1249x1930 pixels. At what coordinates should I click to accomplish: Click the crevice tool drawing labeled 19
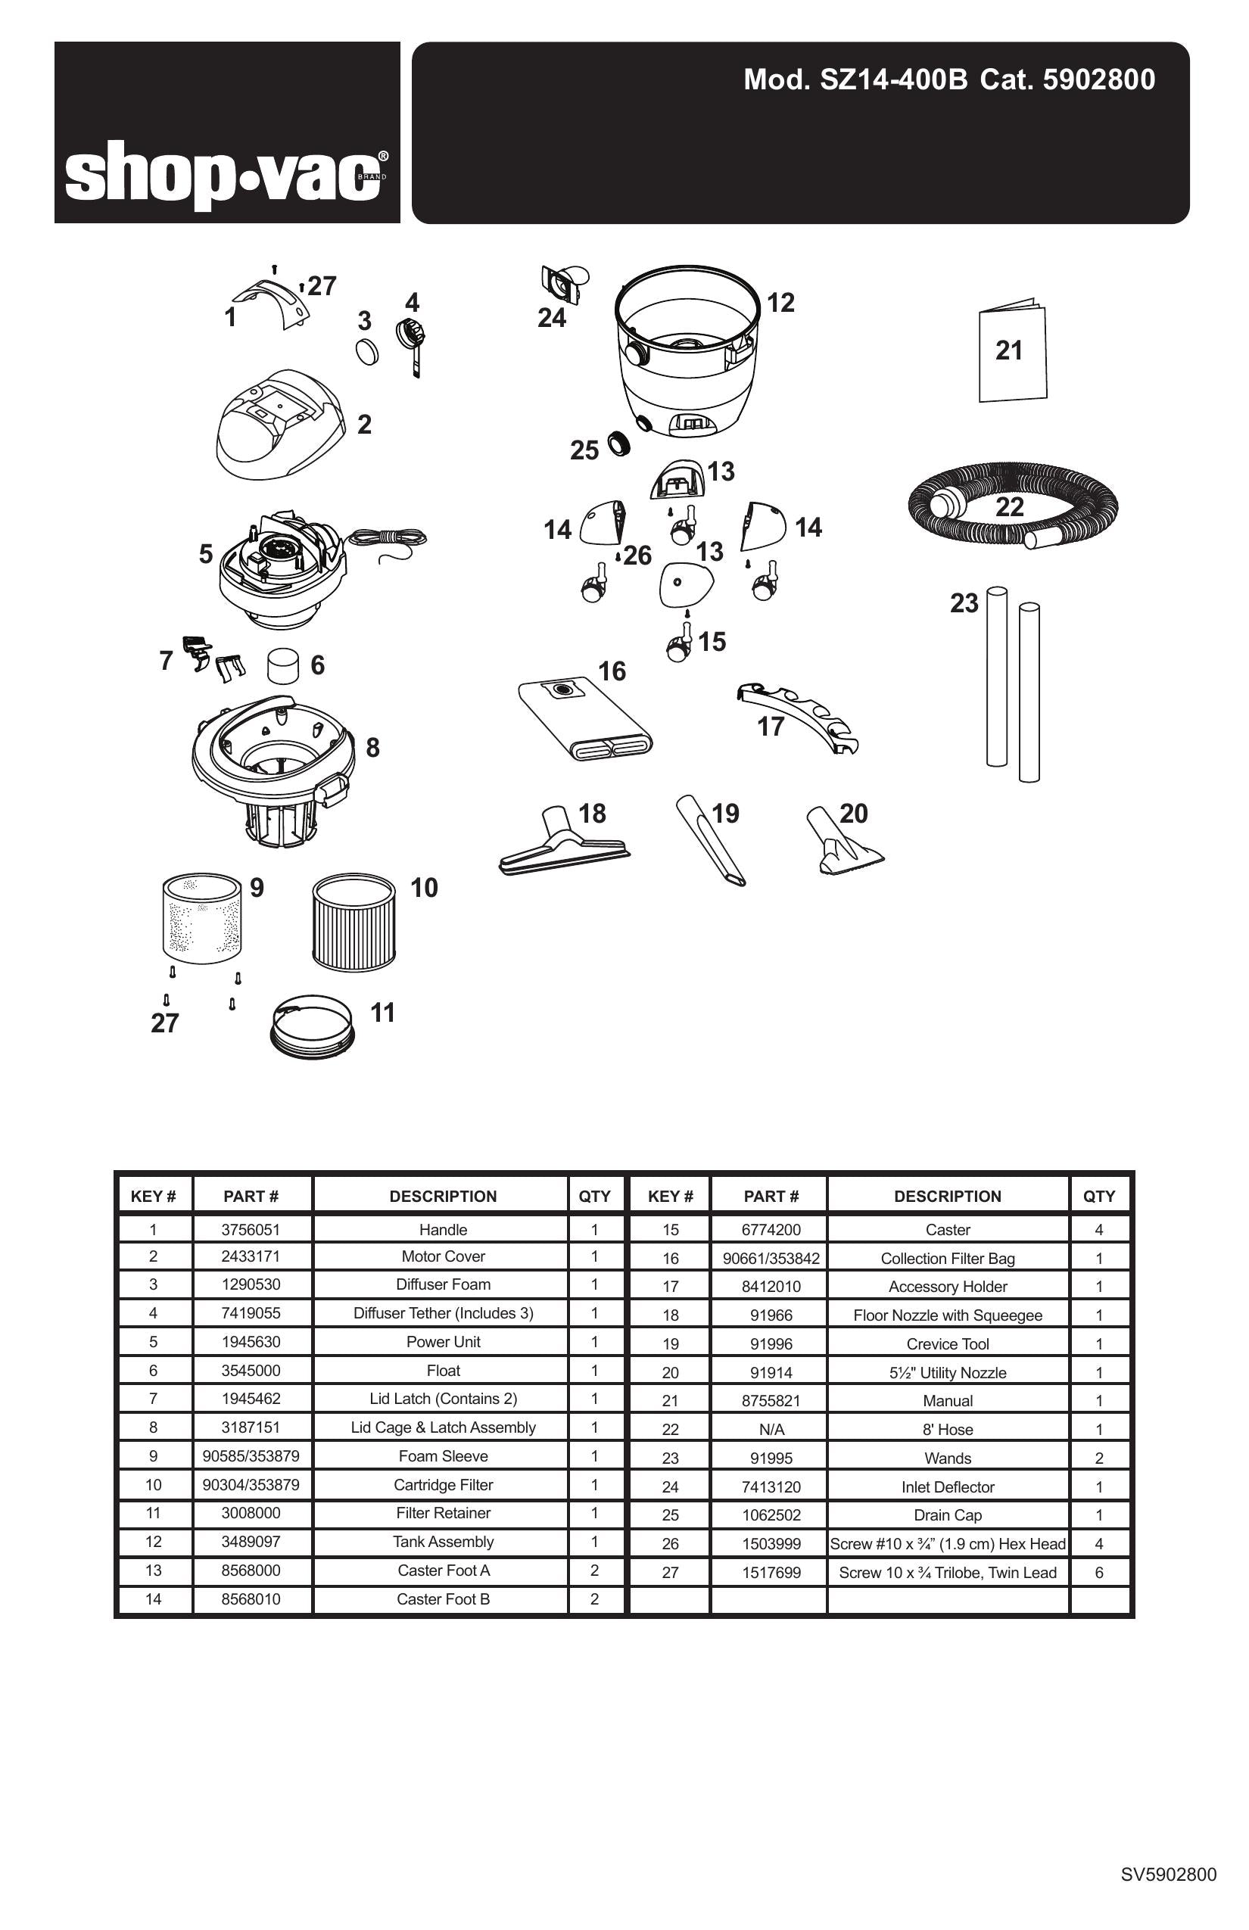tap(711, 841)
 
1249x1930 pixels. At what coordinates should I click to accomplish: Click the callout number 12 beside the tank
tap(780, 303)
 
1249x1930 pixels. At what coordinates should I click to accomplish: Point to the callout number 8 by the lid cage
tap(372, 748)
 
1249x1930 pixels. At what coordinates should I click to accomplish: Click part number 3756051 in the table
tap(251, 1229)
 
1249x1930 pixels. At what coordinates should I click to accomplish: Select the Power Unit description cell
tap(443, 1341)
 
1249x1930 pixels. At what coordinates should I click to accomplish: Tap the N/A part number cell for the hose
tap(771, 1430)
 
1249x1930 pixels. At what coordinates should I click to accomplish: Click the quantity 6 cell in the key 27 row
tap(1099, 1573)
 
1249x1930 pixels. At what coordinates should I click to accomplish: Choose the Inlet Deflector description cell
tap(947, 1486)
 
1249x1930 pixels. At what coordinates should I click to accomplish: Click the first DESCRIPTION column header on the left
tap(443, 1196)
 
